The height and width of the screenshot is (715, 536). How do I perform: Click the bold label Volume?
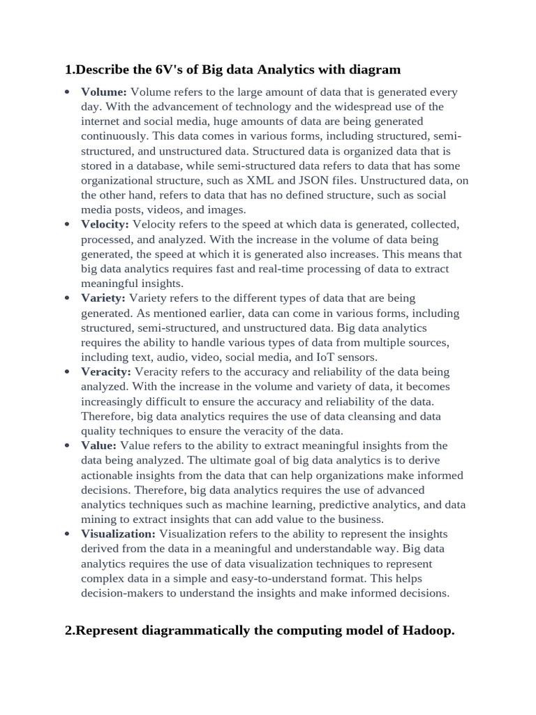click(104, 91)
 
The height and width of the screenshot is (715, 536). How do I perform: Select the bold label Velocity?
click(105, 224)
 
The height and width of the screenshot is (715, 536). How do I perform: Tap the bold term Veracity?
click(106, 371)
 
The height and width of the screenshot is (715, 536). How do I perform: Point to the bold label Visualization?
click(118, 533)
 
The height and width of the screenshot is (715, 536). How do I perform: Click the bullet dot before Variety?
click(66, 299)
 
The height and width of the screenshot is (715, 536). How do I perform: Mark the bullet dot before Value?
click(66, 446)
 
